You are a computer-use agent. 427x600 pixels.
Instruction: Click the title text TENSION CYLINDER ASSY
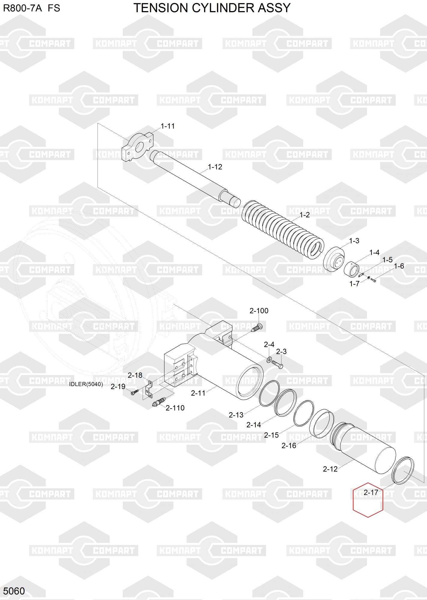click(212, 8)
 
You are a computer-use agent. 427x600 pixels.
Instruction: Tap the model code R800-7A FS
click(32, 8)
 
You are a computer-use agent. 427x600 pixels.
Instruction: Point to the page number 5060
click(14, 591)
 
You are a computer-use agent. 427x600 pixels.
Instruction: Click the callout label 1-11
click(168, 126)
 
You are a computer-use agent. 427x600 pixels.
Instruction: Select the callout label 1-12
click(215, 167)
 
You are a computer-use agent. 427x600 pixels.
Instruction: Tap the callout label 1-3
click(354, 241)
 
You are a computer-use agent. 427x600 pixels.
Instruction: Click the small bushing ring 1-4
click(351, 269)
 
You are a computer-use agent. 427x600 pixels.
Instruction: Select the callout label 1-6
click(399, 266)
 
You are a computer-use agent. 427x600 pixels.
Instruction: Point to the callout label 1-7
click(354, 284)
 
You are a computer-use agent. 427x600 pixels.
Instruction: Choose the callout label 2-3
click(281, 352)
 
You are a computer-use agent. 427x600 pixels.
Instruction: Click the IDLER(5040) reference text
click(86, 384)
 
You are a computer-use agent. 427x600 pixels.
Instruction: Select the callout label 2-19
click(118, 387)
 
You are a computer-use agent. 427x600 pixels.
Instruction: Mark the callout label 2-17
click(371, 493)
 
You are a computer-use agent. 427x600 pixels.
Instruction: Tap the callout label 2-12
click(330, 469)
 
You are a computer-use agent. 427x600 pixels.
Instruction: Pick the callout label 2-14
click(254, 425)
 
